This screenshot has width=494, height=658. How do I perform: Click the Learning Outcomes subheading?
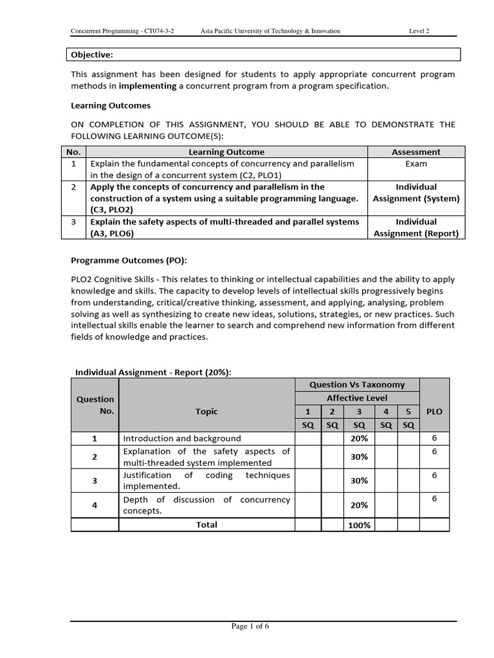tap(111, 105)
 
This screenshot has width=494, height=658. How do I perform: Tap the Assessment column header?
tap(416, 152)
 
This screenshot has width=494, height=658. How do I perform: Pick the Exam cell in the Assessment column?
tap(416, 164)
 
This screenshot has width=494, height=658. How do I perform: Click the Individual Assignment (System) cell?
tap(416, 193)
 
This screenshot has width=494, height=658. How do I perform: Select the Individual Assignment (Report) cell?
tap(416, 227)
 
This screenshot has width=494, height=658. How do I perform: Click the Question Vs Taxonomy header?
tap(357, 385)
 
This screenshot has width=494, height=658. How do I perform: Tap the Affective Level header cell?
tap(357, 398)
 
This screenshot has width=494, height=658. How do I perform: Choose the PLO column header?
tap(434, 411)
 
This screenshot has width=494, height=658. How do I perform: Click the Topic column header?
tap(206, 411)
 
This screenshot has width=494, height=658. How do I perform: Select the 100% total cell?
tap(360, 525)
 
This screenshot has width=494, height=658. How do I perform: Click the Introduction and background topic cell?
tap(182, 438)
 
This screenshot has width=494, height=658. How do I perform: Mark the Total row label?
tap(206, 525)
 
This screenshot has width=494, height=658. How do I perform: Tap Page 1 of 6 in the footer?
tap(250, 628)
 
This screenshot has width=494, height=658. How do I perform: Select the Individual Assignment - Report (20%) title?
tap(154, 372)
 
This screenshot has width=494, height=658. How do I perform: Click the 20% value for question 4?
tap(360, 505)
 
